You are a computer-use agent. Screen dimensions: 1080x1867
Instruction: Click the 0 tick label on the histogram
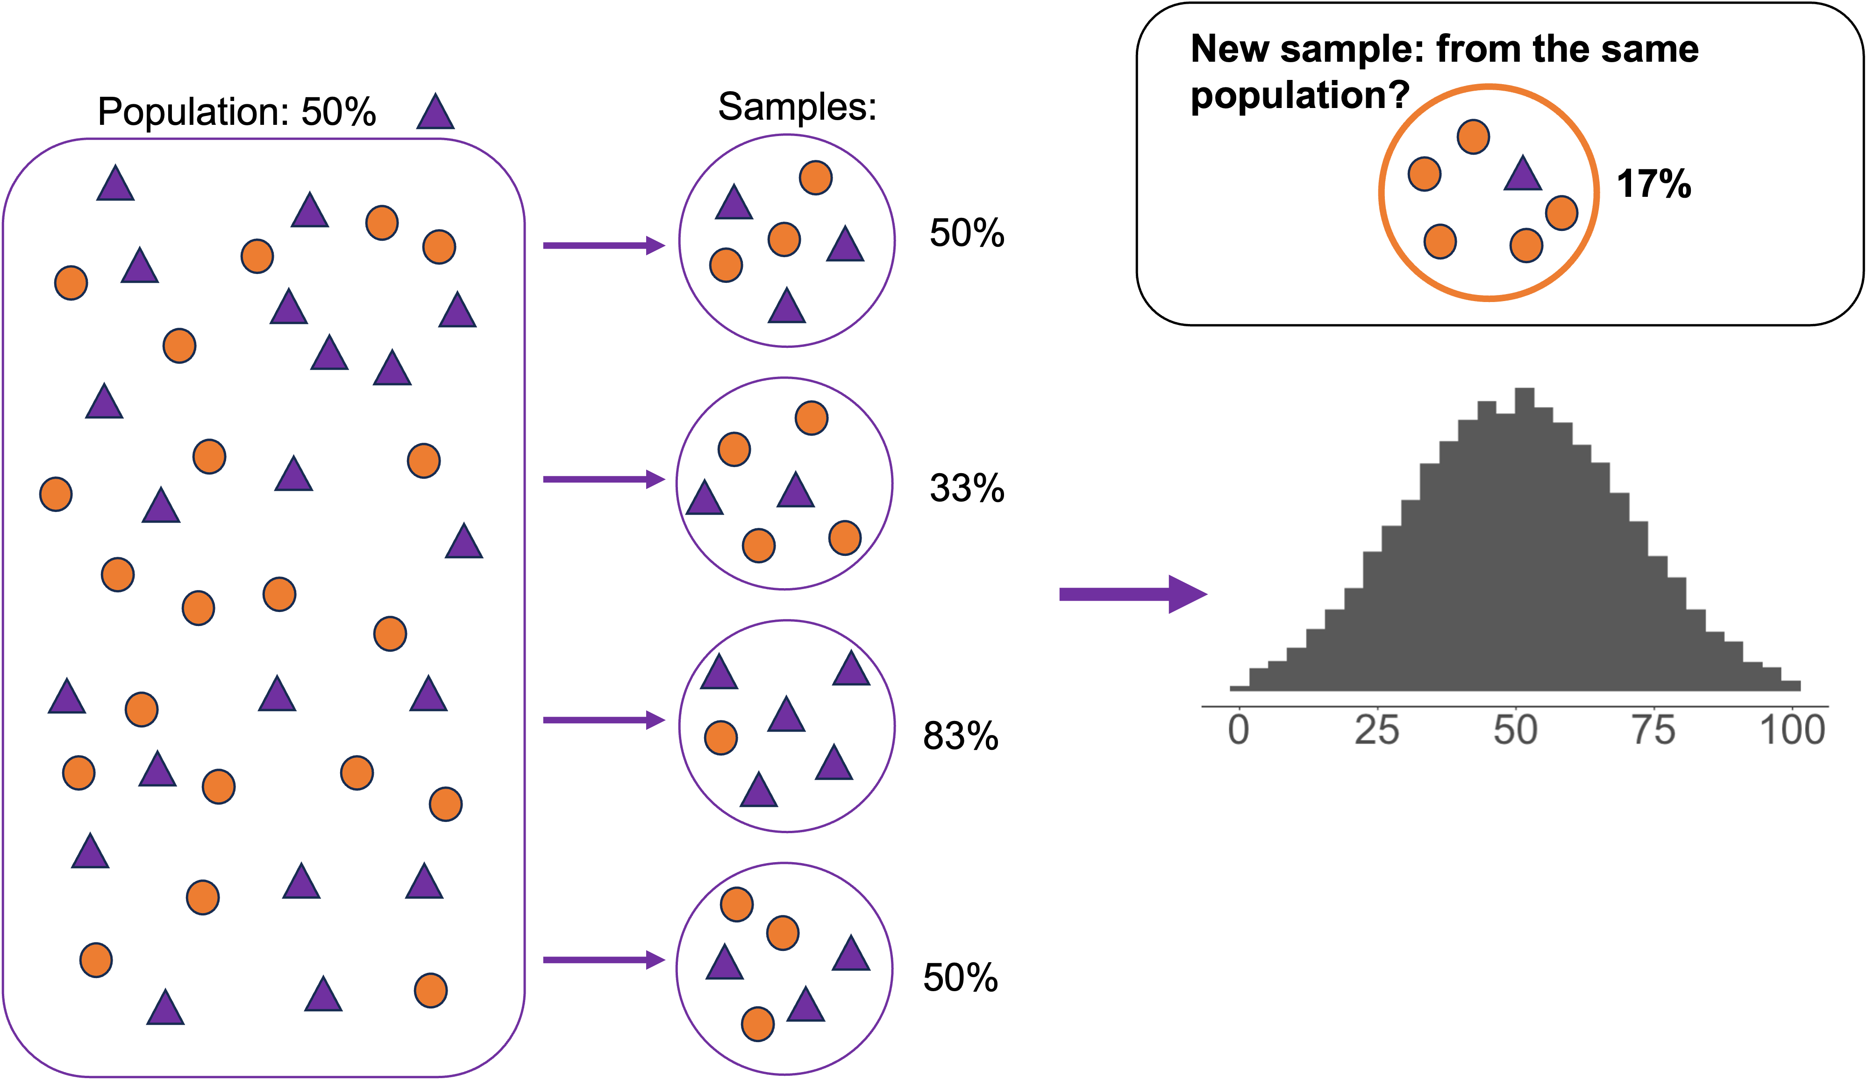click(x=1238, y=730)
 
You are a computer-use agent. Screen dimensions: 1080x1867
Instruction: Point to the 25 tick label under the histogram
click(x=1376, y=730)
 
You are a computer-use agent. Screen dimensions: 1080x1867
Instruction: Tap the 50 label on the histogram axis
click(x=1515, y=730)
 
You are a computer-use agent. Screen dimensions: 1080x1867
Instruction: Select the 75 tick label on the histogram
click(x=1653, y=730)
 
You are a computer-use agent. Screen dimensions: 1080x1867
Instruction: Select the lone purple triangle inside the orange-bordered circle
click(x=1523, y=175)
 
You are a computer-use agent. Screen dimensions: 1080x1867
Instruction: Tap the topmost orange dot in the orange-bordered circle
click(x=1473, y=137)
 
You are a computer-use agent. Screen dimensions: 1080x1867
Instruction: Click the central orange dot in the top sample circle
click(x=784, y=239)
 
